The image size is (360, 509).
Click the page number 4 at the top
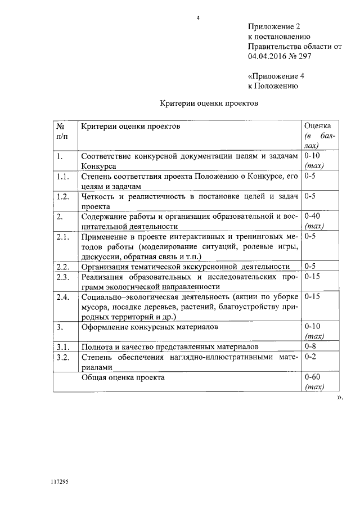point(197,17)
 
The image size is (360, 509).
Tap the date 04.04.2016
point(268,57)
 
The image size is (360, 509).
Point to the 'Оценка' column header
point(317,127)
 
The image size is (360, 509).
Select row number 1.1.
point(62,177)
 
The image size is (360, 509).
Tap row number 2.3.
point(62,277)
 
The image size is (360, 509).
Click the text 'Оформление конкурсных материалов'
point(149,326)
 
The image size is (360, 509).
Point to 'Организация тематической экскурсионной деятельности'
point(186,266)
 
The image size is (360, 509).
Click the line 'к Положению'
point(269,86)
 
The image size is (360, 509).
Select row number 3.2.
point(62,357)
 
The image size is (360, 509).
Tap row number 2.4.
point(62,296)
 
